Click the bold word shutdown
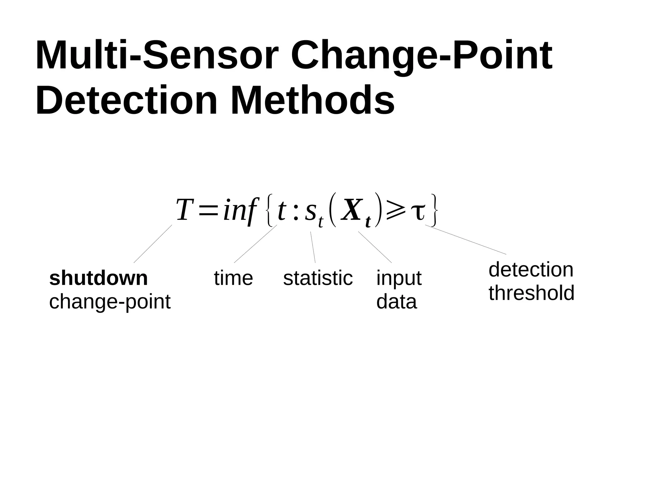98,278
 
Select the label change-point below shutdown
110,302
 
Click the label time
233,278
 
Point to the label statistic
318,278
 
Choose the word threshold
531,293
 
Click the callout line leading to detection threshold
466,240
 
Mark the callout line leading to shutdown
153,244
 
